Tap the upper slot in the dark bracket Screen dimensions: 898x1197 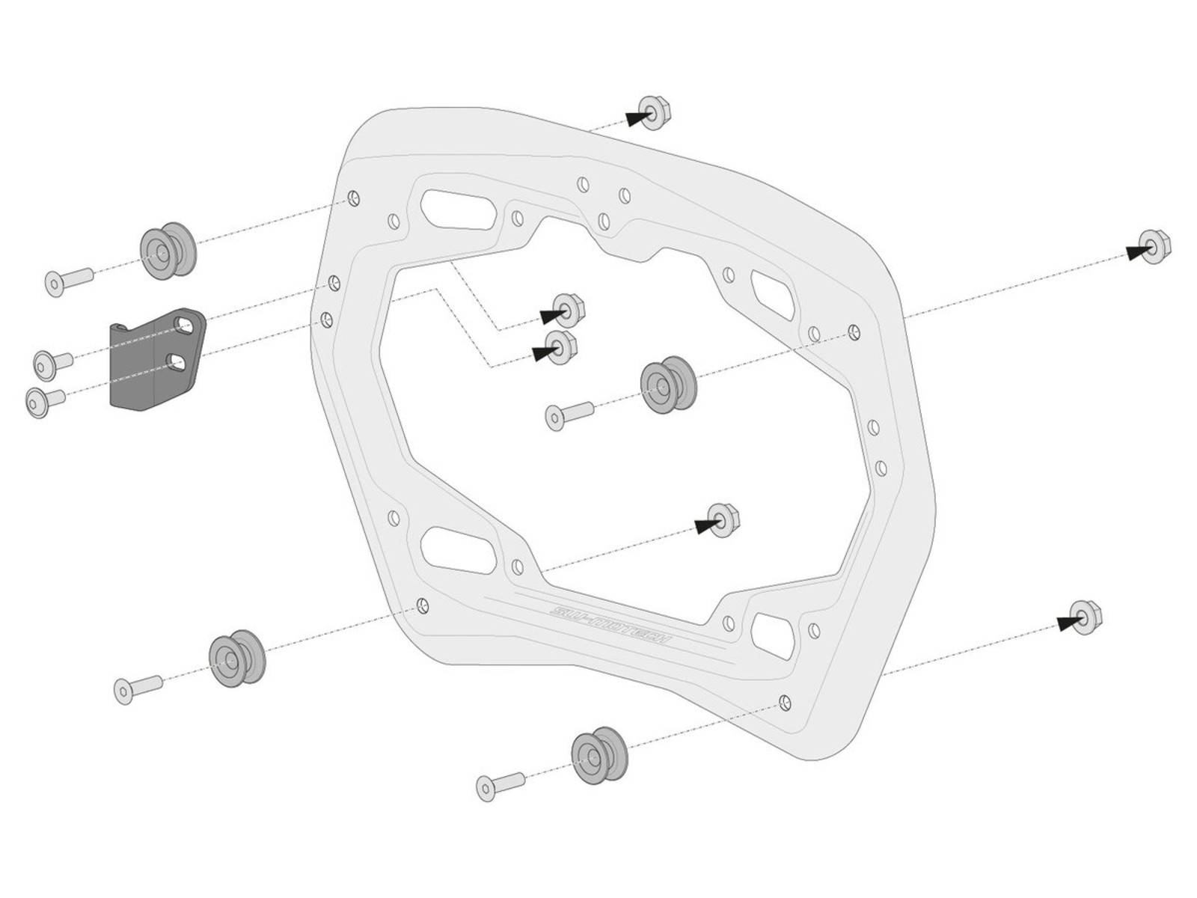click(x=183, y=323)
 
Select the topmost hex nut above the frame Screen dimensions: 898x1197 click(x=653, y=112)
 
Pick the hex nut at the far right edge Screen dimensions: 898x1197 click(x=1154, y=248)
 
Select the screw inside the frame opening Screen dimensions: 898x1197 click(x=568, y=416)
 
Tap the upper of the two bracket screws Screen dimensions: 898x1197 click(x=52, y=363)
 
